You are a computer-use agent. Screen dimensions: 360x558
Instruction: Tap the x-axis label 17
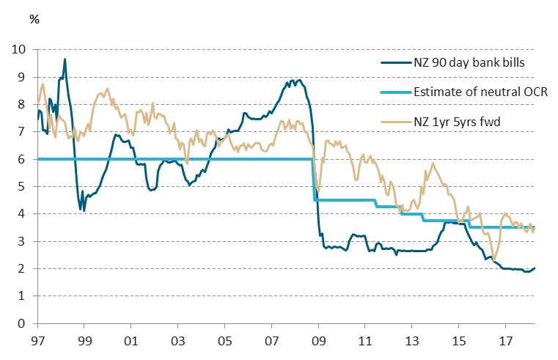pyautogui.click(x=504, y=341)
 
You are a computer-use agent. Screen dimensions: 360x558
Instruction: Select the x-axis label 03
pyautogui.click(x=177, y=341)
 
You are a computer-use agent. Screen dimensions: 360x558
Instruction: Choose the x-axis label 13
pyautogui.click(x=411, y=341)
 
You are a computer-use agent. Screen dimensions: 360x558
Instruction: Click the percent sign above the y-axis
pyautogui.click(x=34, y=19)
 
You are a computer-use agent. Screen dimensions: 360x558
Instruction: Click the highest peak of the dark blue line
pyautogui.click(x=65, y=59)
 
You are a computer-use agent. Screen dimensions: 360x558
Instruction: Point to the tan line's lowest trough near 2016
pyautogui.click(x=494, y=259)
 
